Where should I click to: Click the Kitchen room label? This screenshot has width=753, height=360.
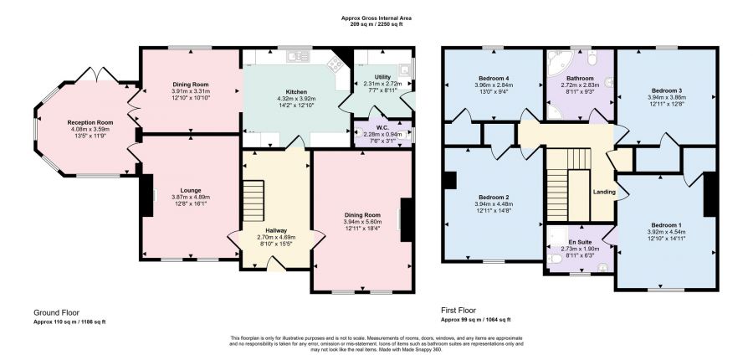point(296,92)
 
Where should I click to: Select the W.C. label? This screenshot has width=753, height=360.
point(382,128)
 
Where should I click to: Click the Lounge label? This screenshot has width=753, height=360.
point(191,190)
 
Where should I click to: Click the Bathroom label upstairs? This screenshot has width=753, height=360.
point(580,79)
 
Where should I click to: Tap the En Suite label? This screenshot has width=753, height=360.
point(580,242)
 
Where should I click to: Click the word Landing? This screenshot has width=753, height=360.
point(604,193)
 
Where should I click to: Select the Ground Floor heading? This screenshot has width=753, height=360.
point(56,312)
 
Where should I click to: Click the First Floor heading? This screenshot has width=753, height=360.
point(458,311)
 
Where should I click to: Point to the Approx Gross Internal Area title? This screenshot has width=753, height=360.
point(376,18)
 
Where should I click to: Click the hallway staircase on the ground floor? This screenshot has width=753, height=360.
point(254,200)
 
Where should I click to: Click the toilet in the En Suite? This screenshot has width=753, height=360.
point(556,259)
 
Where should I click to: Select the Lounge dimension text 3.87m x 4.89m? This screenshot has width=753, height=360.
point(191,197)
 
